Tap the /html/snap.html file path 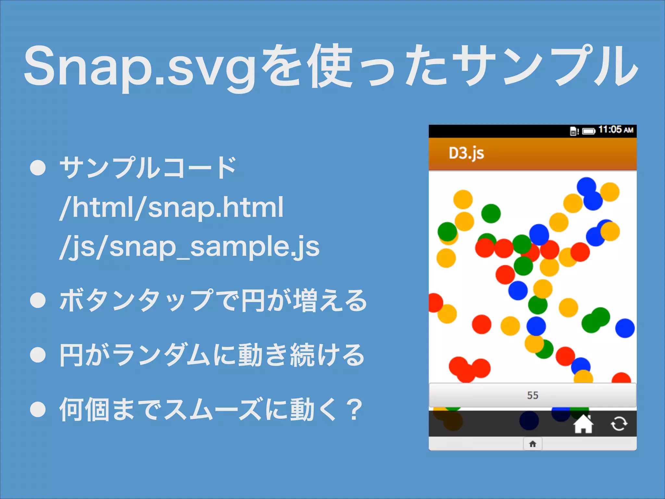pos(171,207)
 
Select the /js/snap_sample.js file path pos(190,247)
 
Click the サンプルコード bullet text pos(148,168)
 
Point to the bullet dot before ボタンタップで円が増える pos(38,300)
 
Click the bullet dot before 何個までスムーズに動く pos(38,409)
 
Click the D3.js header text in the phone pos(466,153)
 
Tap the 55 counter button pos(533,395)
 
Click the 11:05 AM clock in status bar pos(616,130)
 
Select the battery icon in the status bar pos(588,131)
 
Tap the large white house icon pos(583,424)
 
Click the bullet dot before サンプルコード pos(38,168)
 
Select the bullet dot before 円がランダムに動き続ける pos(38,355)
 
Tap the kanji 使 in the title pos(331,67)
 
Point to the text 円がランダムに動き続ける pos(212,355)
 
